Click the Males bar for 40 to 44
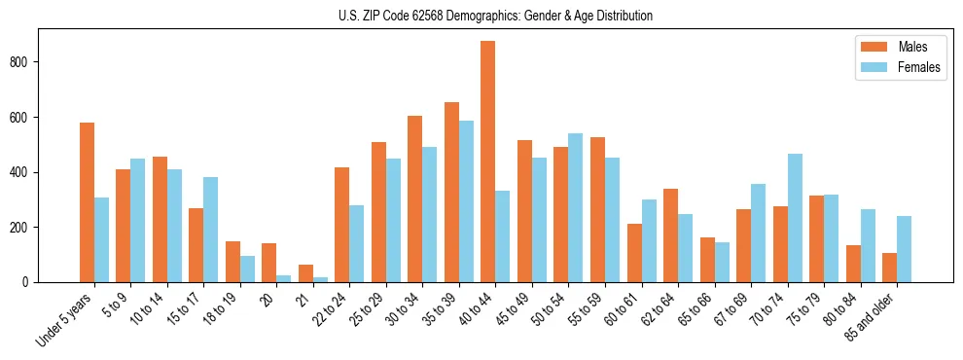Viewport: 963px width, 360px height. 488,162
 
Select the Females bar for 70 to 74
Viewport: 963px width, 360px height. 795,218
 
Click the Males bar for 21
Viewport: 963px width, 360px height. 305,273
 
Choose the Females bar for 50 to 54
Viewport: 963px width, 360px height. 576,208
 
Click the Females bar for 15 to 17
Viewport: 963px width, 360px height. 210,230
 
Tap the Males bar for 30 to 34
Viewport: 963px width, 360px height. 414,199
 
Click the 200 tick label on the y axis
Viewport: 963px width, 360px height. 26,228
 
